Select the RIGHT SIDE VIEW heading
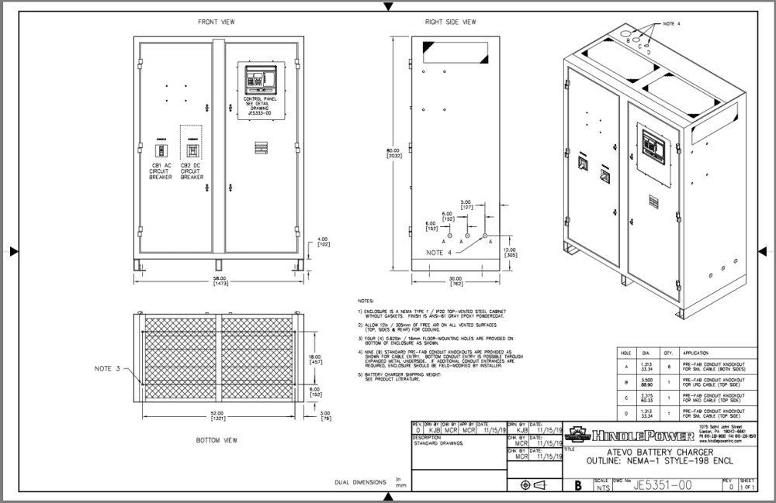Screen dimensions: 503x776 450,22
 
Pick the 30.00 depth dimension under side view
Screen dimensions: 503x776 455,281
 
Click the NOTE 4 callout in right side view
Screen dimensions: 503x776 438,253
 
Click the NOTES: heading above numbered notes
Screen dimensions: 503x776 365,300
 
